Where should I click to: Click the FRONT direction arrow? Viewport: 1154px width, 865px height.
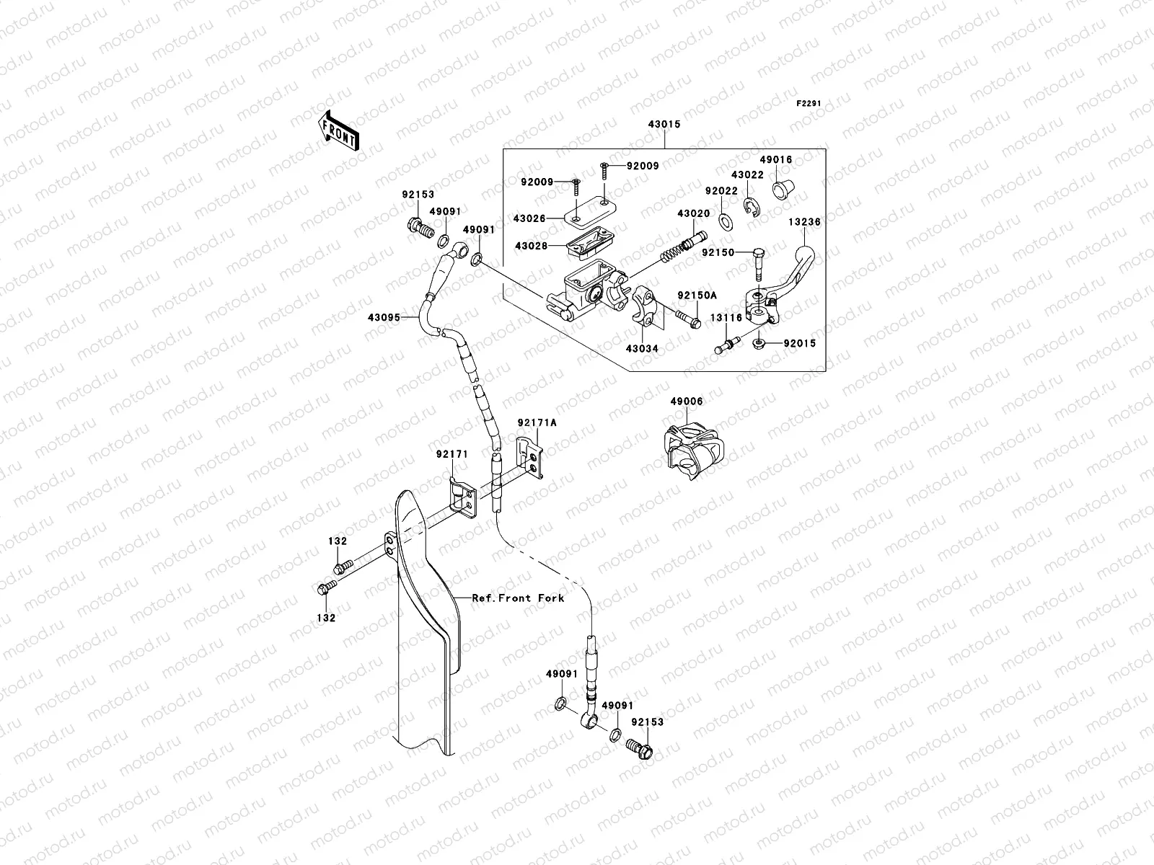point(340,129)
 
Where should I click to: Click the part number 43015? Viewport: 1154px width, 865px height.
point(664,125)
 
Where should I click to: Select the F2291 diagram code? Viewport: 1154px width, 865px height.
point(809,103)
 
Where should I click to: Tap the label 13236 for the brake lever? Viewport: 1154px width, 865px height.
point(804,223)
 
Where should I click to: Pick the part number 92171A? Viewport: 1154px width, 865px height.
point(537,423)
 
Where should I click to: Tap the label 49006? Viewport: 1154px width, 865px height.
point(686,402)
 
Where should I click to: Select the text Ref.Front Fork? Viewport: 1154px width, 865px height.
point(518,598)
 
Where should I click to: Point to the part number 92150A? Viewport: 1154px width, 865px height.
point(697,296)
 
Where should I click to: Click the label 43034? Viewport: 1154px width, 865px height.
point(641,349)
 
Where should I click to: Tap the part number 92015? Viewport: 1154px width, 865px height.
point(800,344)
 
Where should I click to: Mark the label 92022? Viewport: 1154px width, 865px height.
point(721,192)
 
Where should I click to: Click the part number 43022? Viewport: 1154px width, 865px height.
point(747,175)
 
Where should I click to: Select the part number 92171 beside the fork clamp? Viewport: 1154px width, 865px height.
point(452,454)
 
